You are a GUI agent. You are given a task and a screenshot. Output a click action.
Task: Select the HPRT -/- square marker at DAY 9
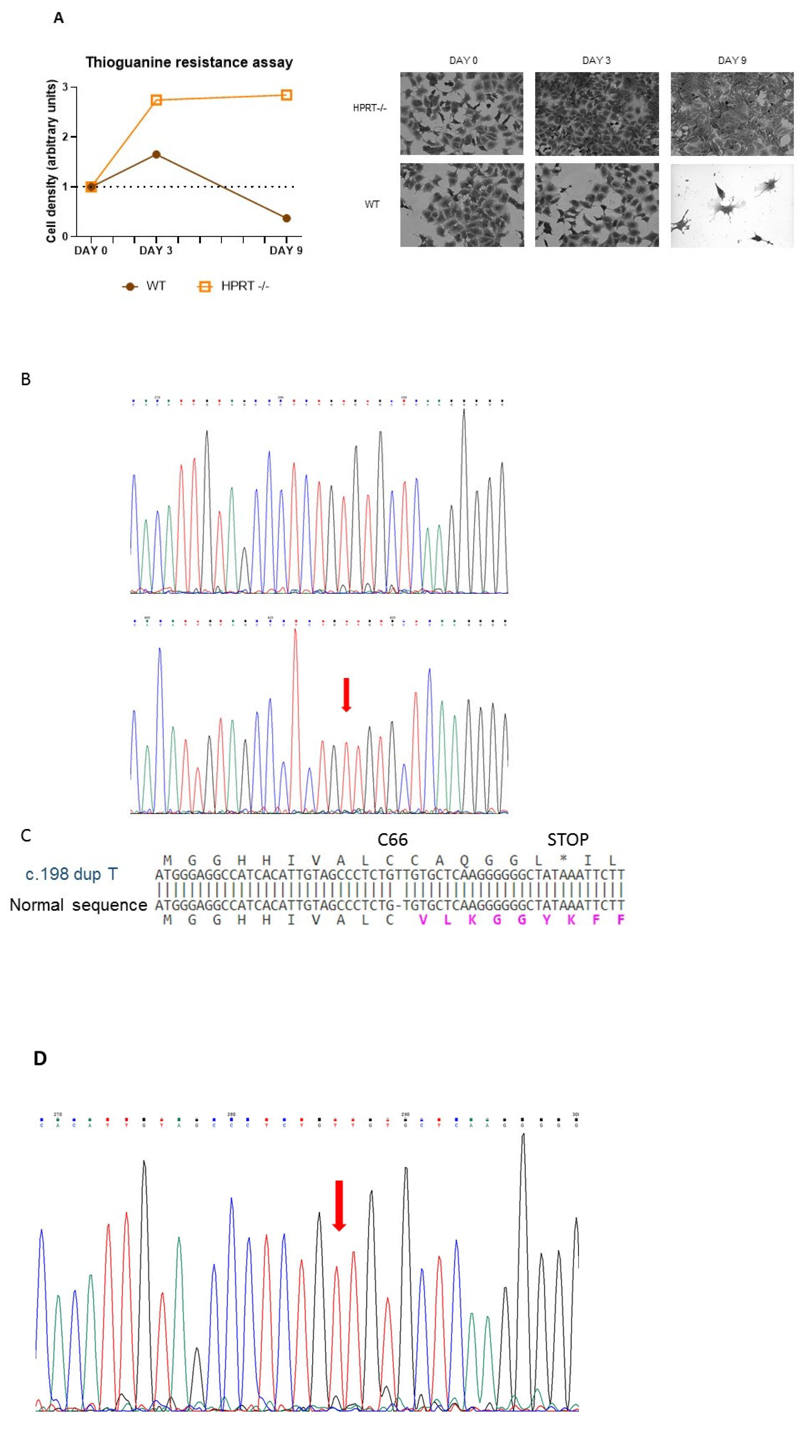286,95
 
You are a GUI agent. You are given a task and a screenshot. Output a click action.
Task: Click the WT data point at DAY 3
157,155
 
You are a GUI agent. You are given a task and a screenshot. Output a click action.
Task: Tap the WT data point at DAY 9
286,218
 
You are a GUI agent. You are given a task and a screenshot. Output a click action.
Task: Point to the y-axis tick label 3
65,87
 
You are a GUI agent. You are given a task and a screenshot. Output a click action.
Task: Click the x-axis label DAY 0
91,251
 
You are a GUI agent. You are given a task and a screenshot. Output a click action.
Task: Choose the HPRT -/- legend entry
234,286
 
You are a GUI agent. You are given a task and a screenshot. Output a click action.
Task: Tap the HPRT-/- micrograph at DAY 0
462,114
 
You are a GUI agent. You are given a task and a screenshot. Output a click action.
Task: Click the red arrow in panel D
339,1206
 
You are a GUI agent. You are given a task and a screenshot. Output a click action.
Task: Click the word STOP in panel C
568,840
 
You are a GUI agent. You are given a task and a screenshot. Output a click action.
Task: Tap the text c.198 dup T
71,874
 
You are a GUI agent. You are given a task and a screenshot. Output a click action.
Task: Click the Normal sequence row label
78,905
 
